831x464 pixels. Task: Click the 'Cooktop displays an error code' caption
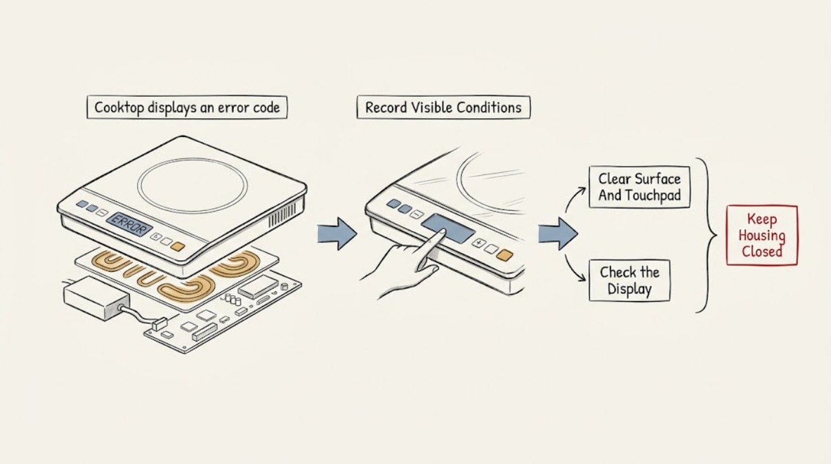(x=187, y=107)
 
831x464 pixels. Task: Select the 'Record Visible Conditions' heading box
(x=443, y=107)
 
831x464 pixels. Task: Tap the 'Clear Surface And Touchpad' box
(x=639, y=187)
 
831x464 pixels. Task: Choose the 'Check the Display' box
(x=630, y=280)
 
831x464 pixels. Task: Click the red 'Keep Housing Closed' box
(x=762, y=235)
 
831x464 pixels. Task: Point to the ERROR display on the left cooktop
(x=129, y=224)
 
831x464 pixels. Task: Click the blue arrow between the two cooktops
(x=337, y=234)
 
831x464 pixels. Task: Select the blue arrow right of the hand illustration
(x=558, y=234)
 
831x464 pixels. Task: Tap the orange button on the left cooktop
(x=178, y=247)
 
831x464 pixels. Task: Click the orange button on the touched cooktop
(x=504, y=254)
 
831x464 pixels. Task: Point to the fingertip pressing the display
(x=442, y=232)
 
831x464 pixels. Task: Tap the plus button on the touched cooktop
(x=478, y=243)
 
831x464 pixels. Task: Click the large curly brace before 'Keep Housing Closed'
(x=707, y=235)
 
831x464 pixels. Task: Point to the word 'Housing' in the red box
(x=762, y=236)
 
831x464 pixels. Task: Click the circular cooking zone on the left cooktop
(x=193, y=184)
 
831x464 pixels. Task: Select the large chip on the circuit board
(x=258, y=286)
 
